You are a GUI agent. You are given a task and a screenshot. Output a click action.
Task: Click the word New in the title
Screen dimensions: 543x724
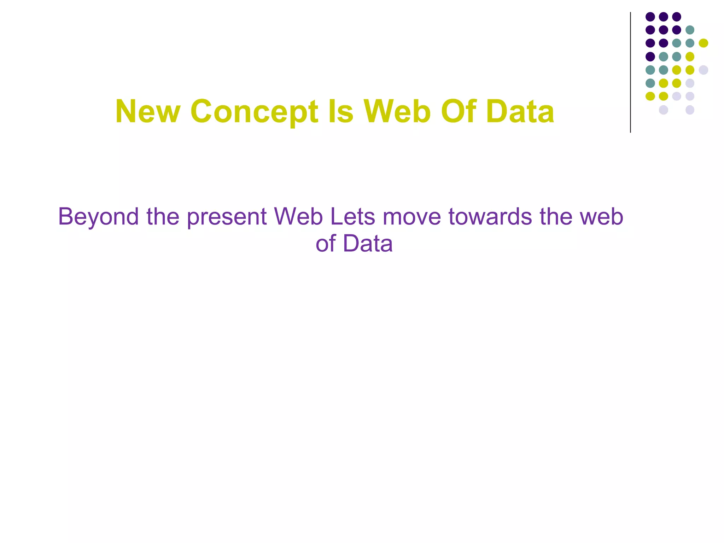tap(148, 112)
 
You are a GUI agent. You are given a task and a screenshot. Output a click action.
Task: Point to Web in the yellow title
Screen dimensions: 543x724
tap(398, 112)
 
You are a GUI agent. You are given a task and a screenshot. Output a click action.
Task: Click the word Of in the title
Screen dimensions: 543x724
tap(459, 112)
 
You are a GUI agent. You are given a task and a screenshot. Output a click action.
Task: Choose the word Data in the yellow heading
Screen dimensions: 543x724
tap(520, 112)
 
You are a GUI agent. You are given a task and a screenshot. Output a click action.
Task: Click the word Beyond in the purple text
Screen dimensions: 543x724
tap(98, 217)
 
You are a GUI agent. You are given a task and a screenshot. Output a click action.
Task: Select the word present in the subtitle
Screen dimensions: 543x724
tap(227, 217)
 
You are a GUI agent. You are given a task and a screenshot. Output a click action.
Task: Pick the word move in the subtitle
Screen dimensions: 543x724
tap(412, 216)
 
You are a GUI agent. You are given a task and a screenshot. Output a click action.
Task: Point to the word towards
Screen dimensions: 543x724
tap(490, 216)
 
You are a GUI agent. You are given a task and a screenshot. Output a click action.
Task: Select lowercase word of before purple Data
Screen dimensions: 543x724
tap(326, 244)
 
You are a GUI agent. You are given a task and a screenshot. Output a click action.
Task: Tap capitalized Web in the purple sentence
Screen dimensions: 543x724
tap(298, 216)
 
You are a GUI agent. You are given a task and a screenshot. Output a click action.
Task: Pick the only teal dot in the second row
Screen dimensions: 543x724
tap(690, 30)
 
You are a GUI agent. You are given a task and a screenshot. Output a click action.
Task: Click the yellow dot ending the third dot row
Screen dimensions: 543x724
tap(703, 43)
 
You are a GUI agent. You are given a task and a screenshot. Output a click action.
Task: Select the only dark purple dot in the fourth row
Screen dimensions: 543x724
tap(650, 57)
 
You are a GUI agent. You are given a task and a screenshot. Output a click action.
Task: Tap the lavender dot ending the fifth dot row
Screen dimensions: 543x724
tap(703, 70)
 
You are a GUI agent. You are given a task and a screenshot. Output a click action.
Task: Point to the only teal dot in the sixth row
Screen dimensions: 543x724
tap(650, 83)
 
